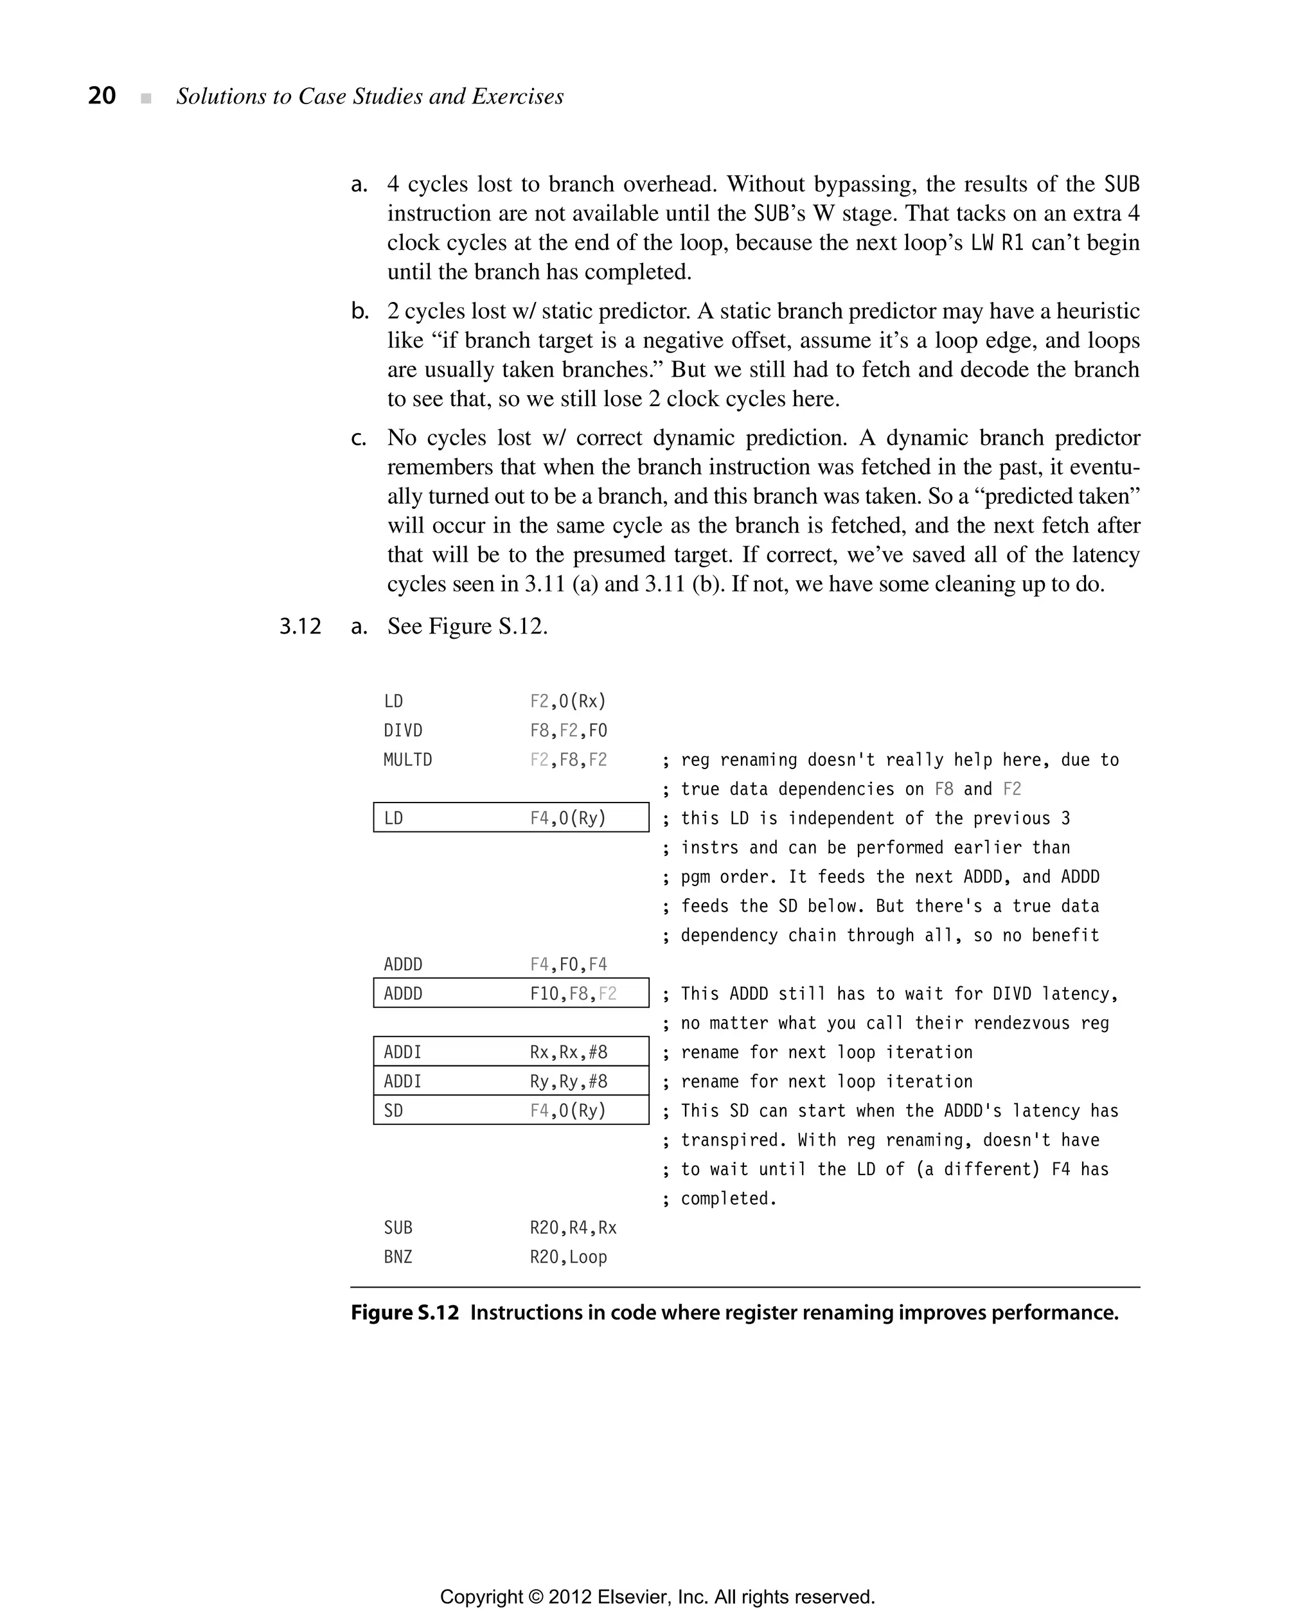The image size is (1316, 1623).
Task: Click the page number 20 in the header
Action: (102, 96)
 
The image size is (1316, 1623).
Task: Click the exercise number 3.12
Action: (300, 626)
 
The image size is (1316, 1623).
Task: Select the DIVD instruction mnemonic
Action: (402, 731)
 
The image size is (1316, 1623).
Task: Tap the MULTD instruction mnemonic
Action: (407, 759)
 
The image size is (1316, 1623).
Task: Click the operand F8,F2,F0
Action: (568, 731)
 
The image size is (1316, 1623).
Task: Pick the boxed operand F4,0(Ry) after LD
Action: (568, 819)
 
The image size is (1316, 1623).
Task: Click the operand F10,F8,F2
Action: (573, 994)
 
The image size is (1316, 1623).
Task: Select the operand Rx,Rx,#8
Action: (568, 1052)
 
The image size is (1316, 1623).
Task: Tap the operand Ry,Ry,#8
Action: (568, 1082)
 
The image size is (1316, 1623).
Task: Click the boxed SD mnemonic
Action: (393, 1110)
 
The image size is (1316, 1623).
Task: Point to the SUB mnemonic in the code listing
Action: (398, 1227)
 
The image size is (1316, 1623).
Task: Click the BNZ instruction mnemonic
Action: (398, 1257)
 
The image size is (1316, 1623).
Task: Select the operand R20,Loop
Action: (568, 1257)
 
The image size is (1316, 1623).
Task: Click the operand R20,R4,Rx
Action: (573, 1227)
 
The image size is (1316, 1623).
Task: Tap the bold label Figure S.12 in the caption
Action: (405, 1313)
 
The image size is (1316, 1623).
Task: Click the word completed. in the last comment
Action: (729, 1198)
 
